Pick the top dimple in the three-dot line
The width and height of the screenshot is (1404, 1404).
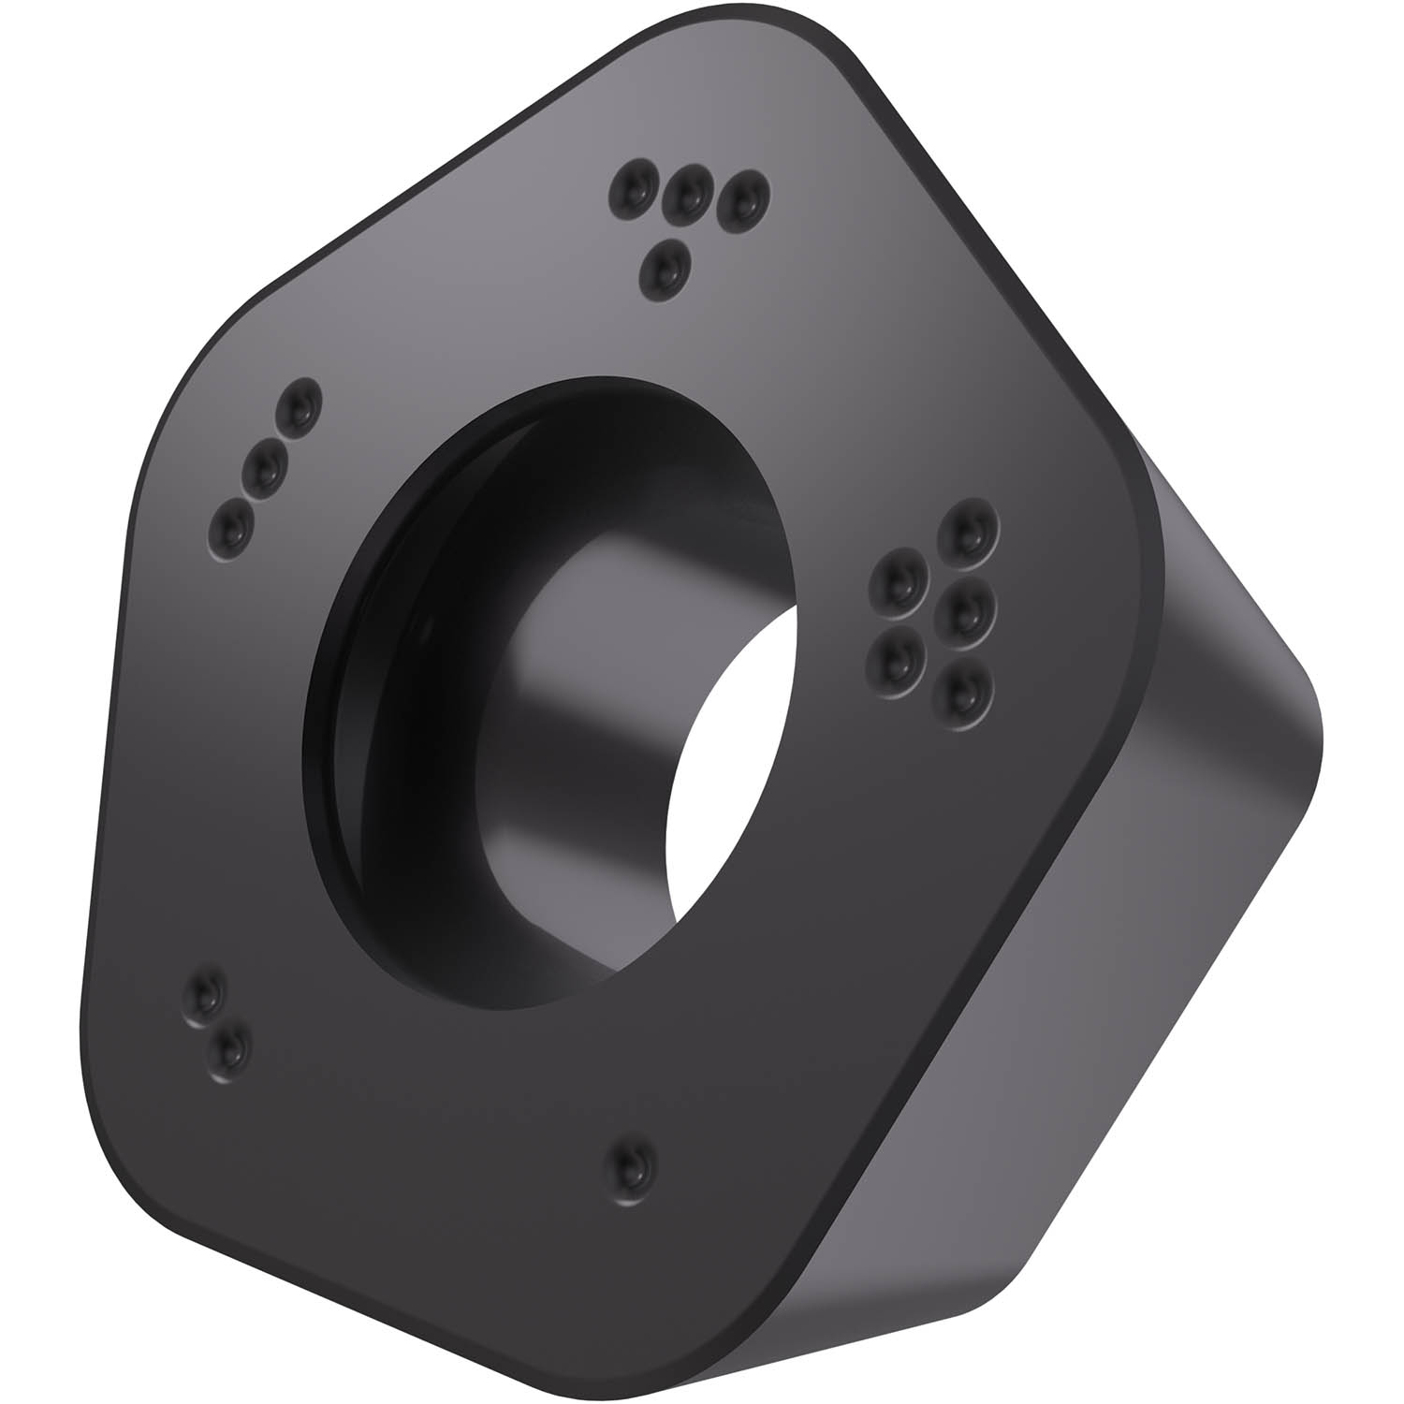298,405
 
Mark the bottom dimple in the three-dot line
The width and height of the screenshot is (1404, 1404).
230,530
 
